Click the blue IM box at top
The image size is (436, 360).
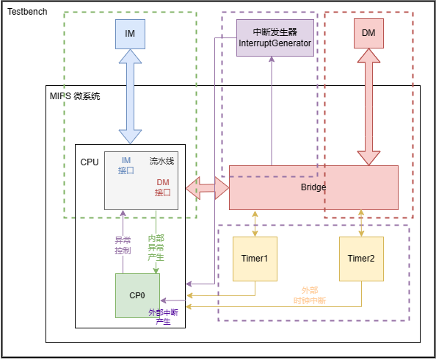[x=130, y=33]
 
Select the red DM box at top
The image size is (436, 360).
[x=368, y=33]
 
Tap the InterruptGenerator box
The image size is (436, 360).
[x=275, y=38]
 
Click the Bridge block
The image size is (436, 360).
[x=313, y=187]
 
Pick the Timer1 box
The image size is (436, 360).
[x=255, y=259]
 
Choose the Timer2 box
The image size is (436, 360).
[x=361, y=259]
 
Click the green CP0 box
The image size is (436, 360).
[x=137, y=295]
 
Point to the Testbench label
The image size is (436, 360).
[x=28, y=12]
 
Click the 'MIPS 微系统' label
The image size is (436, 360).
[x=74, y=96]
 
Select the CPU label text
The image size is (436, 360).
[x=90, y=161]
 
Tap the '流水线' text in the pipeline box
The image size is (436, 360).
[x=161, y=160]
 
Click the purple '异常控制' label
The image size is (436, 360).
[x=123, y=245]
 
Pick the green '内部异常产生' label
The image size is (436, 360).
[x=156, y=248]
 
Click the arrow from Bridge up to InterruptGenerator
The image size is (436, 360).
[x=272, y=110]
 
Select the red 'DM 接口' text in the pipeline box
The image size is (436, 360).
[x=162, y=187]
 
